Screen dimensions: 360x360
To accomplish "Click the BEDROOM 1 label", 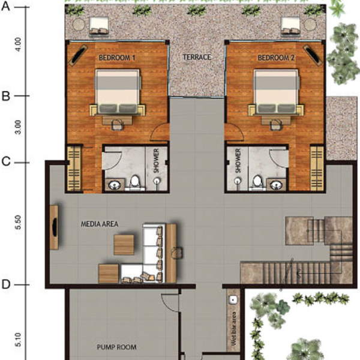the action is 117,58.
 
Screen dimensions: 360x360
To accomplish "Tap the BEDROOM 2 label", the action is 276,58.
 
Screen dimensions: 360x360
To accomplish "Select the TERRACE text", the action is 197,57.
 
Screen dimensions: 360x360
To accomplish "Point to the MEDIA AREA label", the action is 100,224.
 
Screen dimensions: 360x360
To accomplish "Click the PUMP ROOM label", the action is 116,347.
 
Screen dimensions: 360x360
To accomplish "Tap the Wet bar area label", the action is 234,328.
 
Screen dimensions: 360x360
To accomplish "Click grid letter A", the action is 6,6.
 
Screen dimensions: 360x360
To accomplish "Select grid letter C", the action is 6,161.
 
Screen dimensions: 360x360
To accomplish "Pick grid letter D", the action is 6,284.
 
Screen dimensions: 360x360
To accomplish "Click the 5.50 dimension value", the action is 19,222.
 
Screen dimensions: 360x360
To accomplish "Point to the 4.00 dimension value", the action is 19,44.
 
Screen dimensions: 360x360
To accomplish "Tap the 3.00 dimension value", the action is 19,127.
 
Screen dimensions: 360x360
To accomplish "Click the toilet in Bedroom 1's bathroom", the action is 135,182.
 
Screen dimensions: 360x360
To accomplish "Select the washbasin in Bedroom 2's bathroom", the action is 276,185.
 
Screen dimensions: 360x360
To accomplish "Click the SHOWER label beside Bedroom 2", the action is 238,161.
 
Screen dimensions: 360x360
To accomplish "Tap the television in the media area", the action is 55,227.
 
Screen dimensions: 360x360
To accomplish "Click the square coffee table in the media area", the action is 124,245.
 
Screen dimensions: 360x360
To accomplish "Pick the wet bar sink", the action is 233,299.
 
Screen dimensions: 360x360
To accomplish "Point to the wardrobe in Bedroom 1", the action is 74,169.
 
